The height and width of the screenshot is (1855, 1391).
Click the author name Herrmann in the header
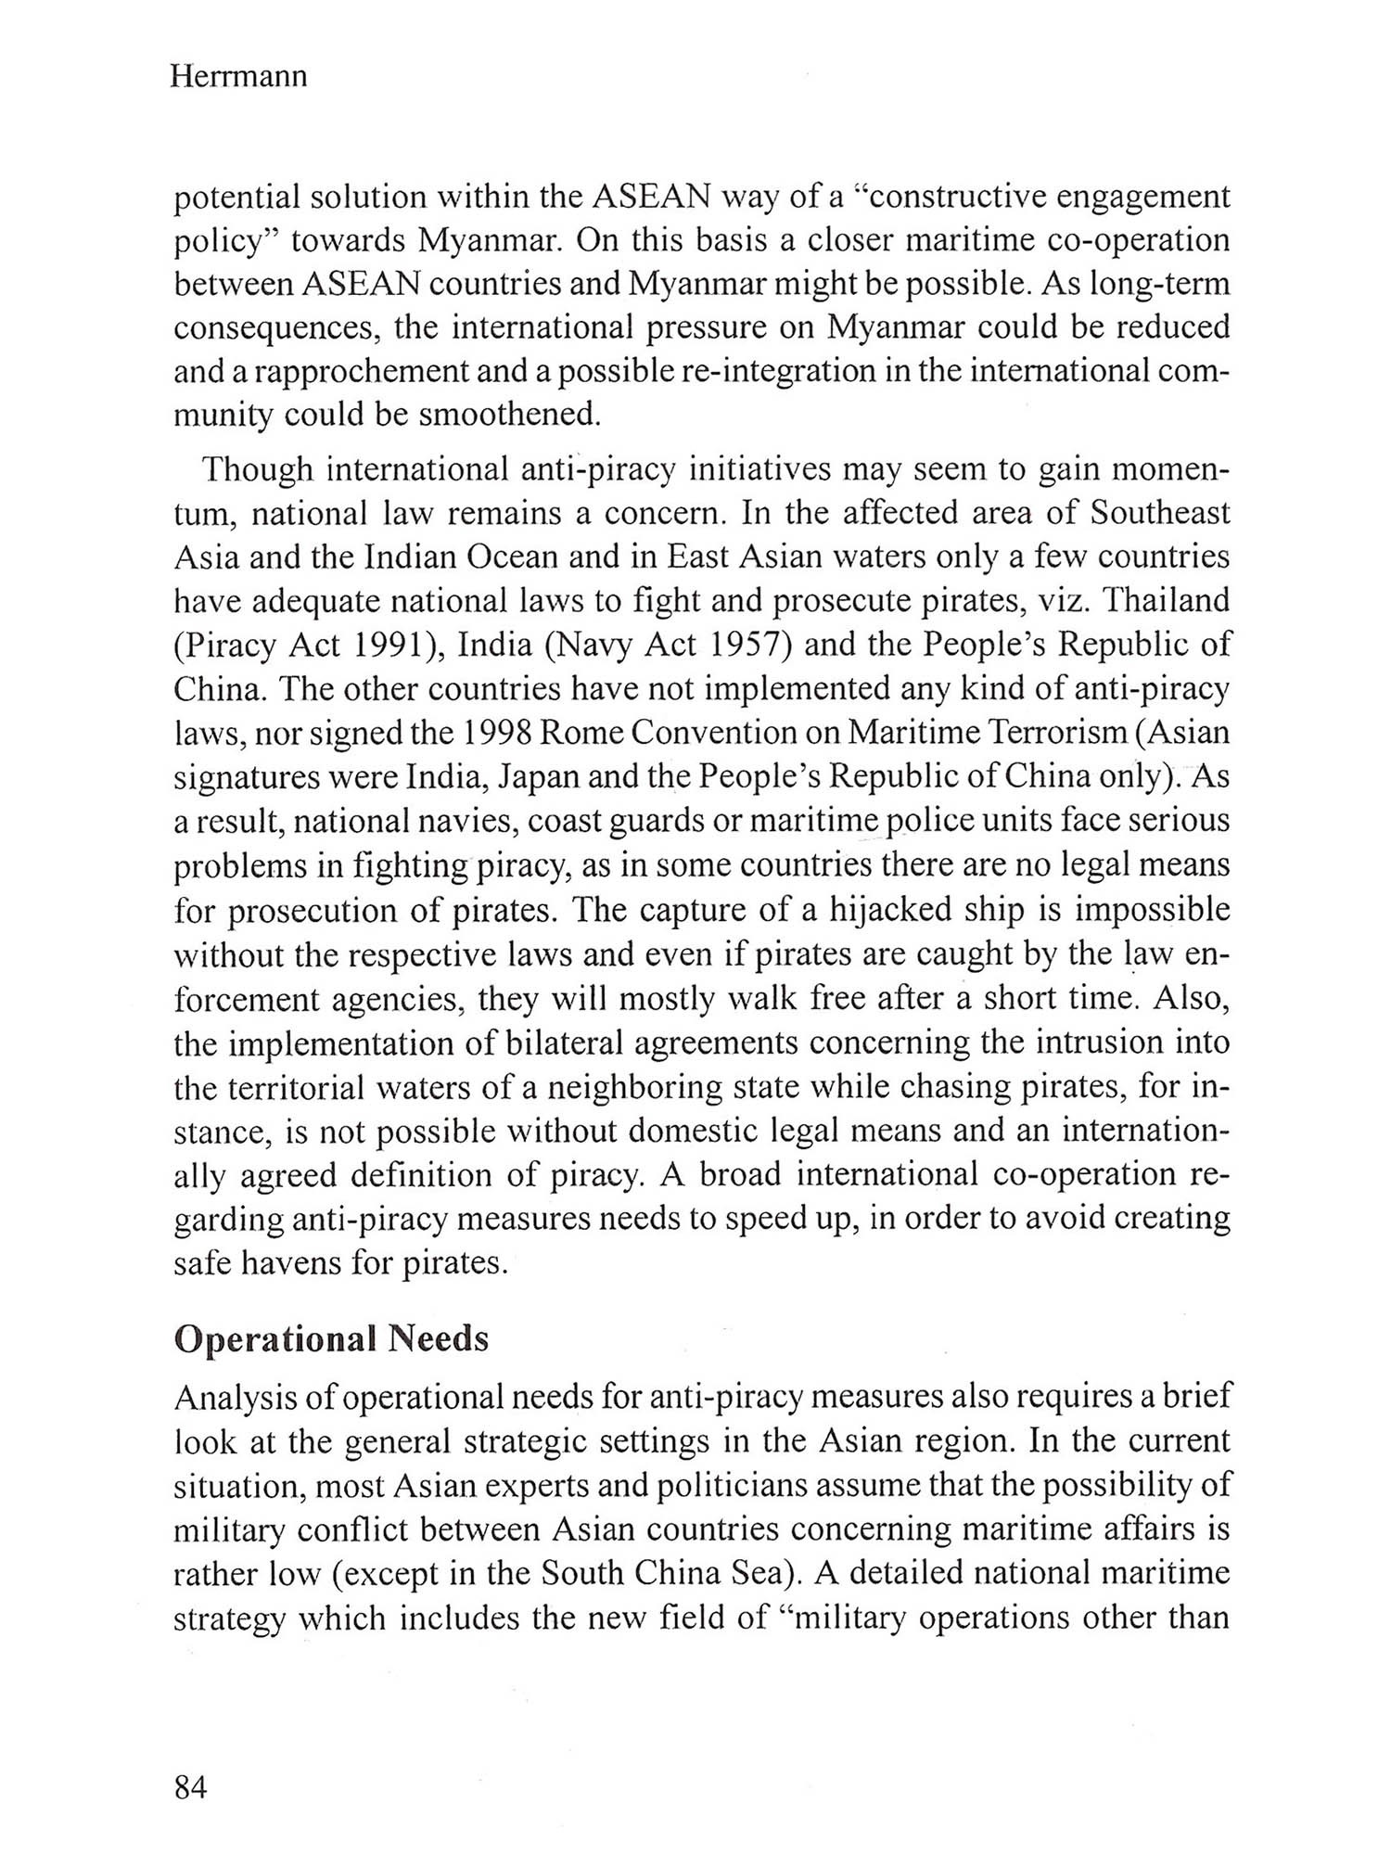[x=238, y=76]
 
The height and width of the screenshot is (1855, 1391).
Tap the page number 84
[x=190, y=1787]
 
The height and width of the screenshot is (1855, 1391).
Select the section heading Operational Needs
[x=331, y=1338]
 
